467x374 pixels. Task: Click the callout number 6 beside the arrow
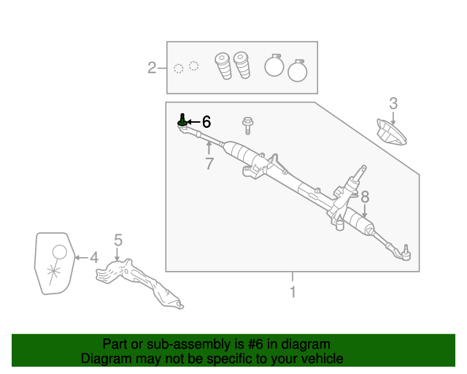tap(206, 122)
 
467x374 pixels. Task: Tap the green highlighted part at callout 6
tap(182, 121)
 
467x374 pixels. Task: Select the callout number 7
tap(209, 164)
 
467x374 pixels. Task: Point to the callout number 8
tap(365, 196)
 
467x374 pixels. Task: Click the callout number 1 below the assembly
tap(293, 292)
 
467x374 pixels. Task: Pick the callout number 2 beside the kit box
tap(152, 69)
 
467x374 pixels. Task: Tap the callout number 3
tap(393, 103)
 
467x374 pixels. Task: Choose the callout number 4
tap(93, 257)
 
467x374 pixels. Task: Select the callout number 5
tap(117, 240)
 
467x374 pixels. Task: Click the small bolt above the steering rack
tap(248, 125)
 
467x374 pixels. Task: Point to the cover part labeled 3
tap(390, 133)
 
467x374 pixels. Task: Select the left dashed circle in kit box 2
tap(179, 69)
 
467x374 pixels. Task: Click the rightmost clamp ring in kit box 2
tap(298, 71)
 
